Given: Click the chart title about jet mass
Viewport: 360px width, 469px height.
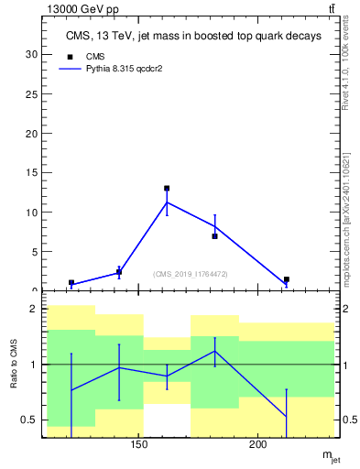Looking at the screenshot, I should (193, 37).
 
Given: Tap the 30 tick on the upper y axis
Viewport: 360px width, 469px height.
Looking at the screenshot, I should (33, 54).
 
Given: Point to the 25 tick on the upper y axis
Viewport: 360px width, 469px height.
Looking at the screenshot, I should (33, 93).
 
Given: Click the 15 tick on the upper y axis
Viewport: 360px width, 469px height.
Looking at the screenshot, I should (33, 172).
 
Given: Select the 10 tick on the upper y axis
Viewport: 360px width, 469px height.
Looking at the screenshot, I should (33, 213).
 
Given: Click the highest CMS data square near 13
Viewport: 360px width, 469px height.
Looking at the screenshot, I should (167, 189).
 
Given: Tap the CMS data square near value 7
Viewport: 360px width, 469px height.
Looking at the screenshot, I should (214, 236).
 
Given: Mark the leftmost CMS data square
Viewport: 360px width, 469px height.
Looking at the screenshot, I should (71, 283).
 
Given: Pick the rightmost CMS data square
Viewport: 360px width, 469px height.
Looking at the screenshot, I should (286, 279).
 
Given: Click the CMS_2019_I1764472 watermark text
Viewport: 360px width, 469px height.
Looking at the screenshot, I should (190, 273).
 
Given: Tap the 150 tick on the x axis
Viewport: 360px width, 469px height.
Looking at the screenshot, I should (139, 445).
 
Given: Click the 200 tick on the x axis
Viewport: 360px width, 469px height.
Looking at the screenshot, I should (258, 445).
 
